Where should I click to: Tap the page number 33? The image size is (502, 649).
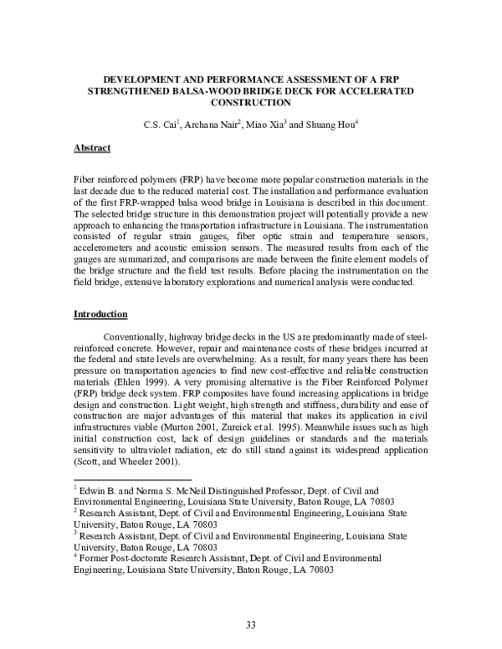[x=250, y=624]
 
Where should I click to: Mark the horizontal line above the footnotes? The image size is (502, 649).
[x=134, y=479]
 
